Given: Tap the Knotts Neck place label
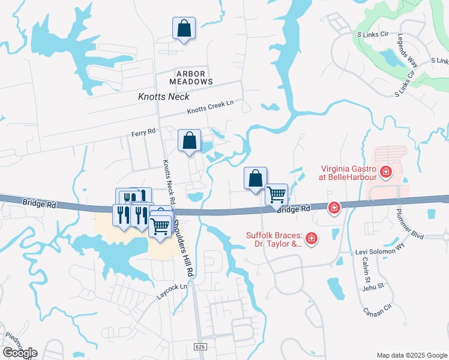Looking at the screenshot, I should [163, 97].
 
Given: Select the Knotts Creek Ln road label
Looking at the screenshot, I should [209, 107].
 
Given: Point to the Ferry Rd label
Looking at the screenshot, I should [143, 130].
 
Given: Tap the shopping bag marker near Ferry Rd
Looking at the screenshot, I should [189, 142].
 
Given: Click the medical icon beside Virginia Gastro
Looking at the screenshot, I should [385, 173].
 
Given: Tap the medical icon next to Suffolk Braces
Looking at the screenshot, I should [311, 239].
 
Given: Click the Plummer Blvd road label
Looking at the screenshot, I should [409, 217].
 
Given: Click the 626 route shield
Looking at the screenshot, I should [200, 347].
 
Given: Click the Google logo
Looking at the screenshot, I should [20, 353].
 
